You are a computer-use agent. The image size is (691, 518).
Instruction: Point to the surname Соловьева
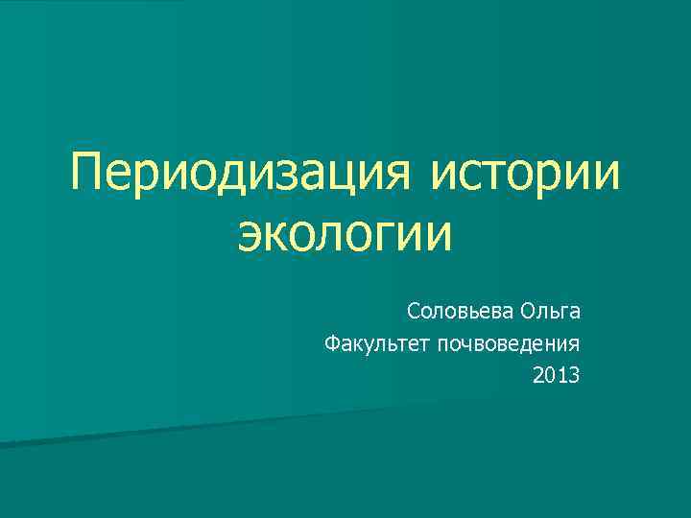[459, 312]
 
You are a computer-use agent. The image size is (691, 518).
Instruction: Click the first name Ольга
[550, 312]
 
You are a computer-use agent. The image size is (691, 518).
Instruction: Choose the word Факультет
[377, 342]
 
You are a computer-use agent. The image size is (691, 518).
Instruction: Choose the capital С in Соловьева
[413, 312]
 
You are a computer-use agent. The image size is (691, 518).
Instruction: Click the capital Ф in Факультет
[332, 342]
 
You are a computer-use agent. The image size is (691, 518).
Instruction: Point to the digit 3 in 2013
[574, 374]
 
